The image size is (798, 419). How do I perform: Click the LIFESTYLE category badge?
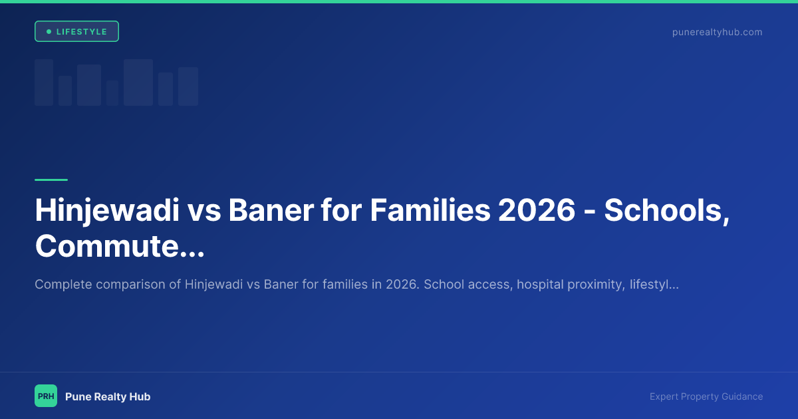click(x=76, y=32)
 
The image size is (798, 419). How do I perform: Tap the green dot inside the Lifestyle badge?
click(x=49, y=32)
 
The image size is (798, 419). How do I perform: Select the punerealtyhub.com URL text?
click(x=717, y=32)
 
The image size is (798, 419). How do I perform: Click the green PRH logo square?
click(x=46, y=396)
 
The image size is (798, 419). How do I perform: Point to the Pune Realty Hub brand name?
click(x=108, y=396)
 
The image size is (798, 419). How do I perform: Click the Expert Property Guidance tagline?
click(x=706, y=396)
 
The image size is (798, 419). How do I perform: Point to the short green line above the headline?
click(x=51, y=180)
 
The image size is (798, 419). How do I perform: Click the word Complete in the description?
click(x=63, y=285)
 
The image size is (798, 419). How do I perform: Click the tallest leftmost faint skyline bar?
click(x=44, y=82)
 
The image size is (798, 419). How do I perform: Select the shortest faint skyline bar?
click(x=112, y=93)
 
